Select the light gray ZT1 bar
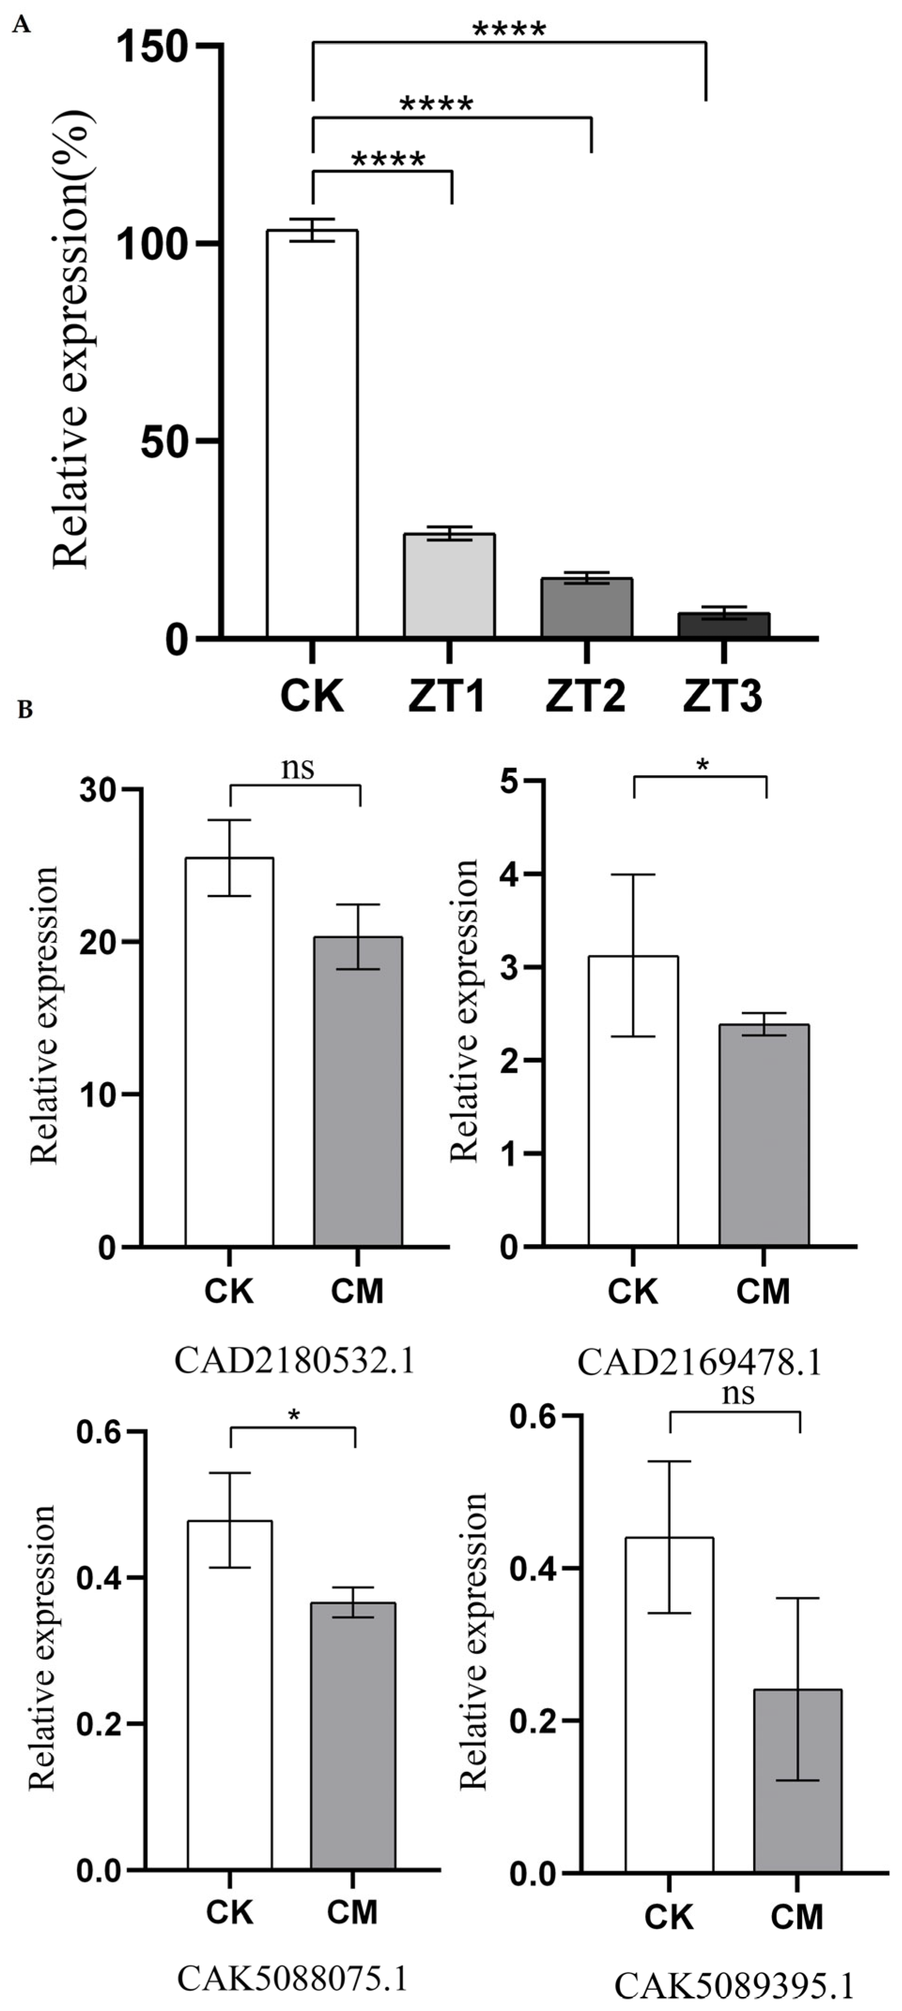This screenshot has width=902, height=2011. [449, 585]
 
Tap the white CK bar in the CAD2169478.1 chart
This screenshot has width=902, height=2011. [634, 1101]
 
